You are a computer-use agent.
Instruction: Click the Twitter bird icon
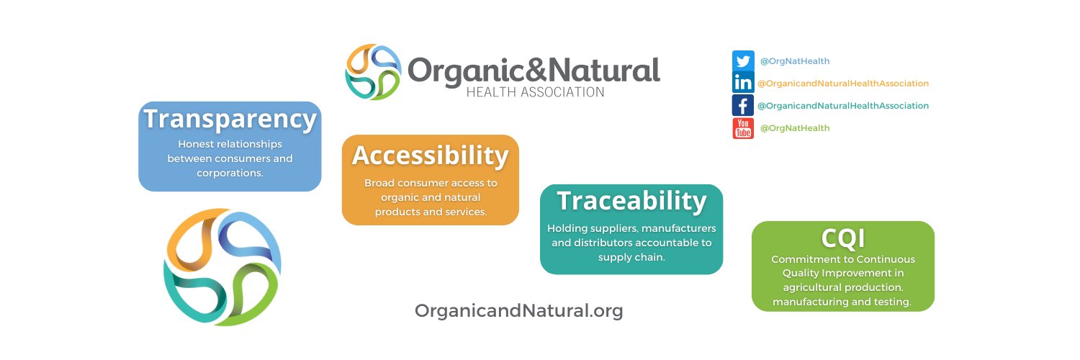tap(742, 61)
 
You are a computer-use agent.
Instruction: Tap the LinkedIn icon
tap(742, 83)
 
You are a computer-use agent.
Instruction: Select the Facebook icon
tap(742, 106)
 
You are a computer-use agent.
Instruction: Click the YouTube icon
tap(742, 128)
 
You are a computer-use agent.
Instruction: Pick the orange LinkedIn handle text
tap(842, 84)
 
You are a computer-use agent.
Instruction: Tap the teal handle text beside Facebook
tap(842, 106)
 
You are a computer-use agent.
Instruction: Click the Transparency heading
tap(230, 119)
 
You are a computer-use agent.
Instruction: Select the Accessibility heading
tap(430, 155)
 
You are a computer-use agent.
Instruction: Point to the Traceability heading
tap(631, 201)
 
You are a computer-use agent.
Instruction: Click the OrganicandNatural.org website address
tap(518, 310)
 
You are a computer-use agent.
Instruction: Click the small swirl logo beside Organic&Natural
tap(372, 72)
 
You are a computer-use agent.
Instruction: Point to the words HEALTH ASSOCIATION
tap(535, 92)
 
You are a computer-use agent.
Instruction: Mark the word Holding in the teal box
tap(567, 228)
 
